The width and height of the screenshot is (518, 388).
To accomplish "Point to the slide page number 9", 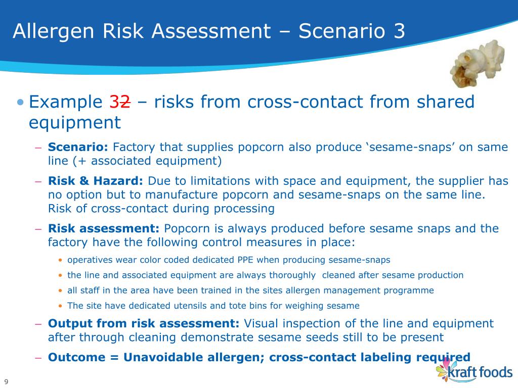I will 6,381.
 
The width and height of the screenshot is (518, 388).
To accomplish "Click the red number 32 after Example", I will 120,102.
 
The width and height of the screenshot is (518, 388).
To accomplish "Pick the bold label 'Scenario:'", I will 78,148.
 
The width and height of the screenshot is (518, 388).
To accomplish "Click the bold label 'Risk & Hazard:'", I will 96,181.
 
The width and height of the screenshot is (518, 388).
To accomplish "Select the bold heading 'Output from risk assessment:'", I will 144,323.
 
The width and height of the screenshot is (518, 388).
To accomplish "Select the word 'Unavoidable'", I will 163,357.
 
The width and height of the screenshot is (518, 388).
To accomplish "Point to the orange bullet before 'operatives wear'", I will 61,261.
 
